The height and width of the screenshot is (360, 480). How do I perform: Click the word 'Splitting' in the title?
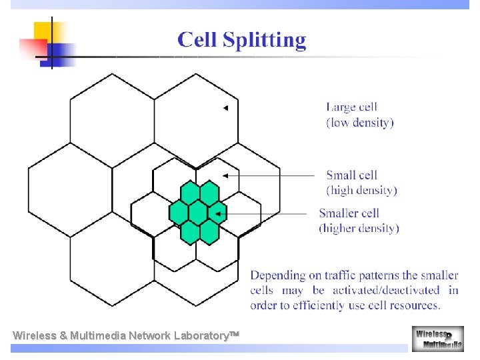264,41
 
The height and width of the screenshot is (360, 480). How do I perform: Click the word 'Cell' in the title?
197,40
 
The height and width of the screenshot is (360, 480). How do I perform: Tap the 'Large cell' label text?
351,107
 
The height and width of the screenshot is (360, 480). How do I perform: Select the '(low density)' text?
360,123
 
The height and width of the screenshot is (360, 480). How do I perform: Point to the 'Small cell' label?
351,175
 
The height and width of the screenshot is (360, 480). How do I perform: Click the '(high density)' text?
361,191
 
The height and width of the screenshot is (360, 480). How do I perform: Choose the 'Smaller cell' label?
349,213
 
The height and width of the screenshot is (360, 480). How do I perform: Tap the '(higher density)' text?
359,229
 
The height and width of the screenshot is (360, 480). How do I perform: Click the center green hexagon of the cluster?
199,213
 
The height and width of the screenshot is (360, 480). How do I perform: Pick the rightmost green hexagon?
217,213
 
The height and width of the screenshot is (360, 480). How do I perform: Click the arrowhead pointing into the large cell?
225,108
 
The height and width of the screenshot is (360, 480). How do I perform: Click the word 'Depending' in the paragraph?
277,275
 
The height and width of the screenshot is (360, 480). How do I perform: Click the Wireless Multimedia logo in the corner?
437,339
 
